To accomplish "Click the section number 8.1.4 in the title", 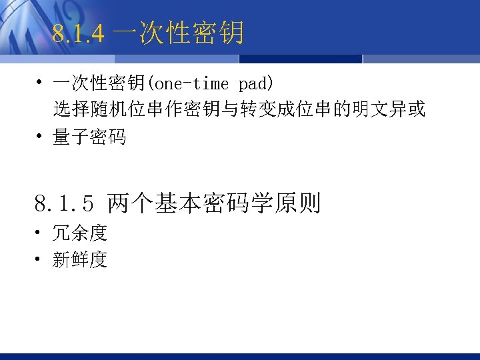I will (x=78, y=33).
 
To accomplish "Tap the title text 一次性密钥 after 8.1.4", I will (x=178, y=33).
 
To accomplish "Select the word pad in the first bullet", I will (x=253, y=84).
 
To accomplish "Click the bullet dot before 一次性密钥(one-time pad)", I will (x=40, y=84).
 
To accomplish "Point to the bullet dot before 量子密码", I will (x=40, y=138).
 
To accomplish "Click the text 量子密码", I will (x=89, y=138).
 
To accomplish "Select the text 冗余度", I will (x=80, y=233).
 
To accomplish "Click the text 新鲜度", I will (x=80, y=260).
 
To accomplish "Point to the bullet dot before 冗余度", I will (x=40, y=233).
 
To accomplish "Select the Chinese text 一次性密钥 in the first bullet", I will (x=100, y=84).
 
